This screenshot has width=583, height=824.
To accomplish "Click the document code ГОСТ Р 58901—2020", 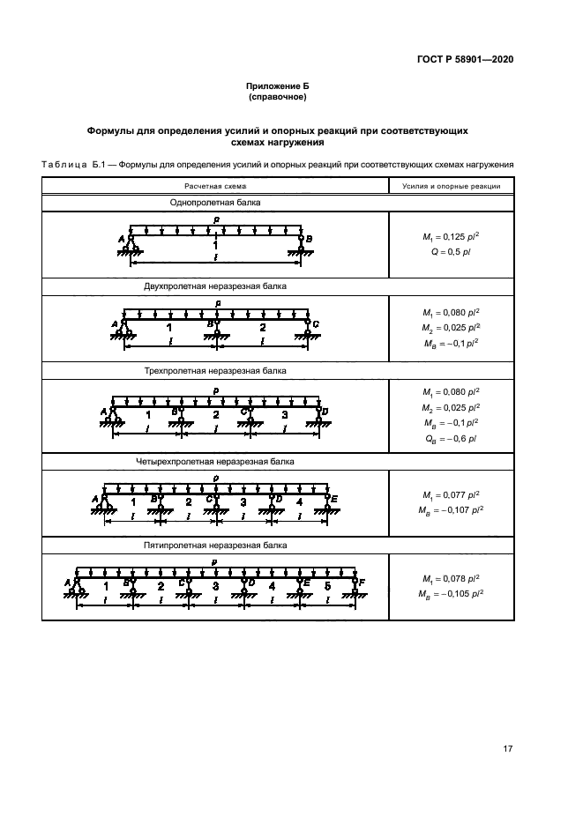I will click(464, 60).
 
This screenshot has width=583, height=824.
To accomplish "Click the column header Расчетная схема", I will click(215, 186).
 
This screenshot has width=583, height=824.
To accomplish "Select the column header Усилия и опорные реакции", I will click(452, 186).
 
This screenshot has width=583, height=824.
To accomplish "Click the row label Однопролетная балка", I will click(215, 202).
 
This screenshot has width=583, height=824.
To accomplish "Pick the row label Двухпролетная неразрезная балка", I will click(215, 286).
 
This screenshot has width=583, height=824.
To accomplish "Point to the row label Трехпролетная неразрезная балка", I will click(215, 371).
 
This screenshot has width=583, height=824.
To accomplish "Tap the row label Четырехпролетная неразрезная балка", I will click(215, 461).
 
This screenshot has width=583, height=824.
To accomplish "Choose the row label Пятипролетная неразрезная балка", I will click(215, 546).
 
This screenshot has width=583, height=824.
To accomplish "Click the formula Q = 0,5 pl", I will click(451, 253).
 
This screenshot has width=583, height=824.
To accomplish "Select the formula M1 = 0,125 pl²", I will click(451, 238).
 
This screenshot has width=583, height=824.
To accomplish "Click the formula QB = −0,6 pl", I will click(451, 438).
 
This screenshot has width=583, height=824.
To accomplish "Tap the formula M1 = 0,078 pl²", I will click(451, 578).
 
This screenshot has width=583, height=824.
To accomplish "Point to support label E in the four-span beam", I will click(333, 498).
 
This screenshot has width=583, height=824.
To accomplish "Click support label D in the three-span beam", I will click(325, 412).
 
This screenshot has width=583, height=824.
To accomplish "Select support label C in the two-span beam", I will click(316, 324).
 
